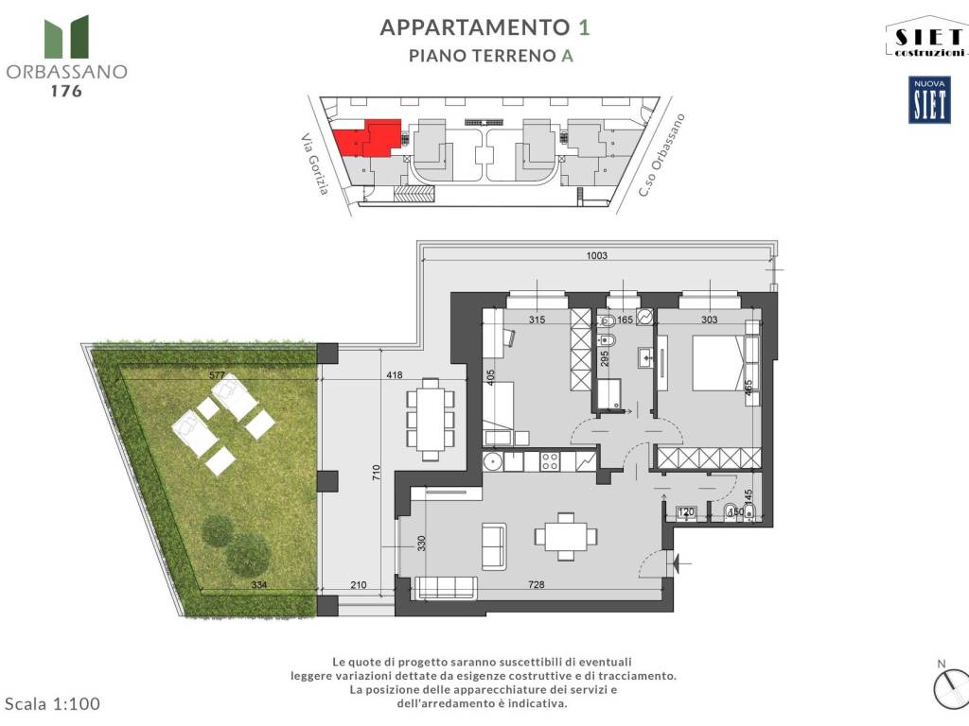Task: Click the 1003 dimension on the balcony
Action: [595, 255]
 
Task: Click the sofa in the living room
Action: [493, 546]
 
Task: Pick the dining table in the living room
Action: [565, 536]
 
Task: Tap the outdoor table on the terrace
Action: [429, 419]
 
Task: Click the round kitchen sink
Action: [491, 462]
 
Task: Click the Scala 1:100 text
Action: [53, 703]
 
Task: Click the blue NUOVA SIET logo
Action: [929, 100]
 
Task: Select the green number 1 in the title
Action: [584, 26]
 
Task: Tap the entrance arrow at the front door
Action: [678, 564]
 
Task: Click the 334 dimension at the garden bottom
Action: [259, 585]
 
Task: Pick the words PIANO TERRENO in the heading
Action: [482, 56]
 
